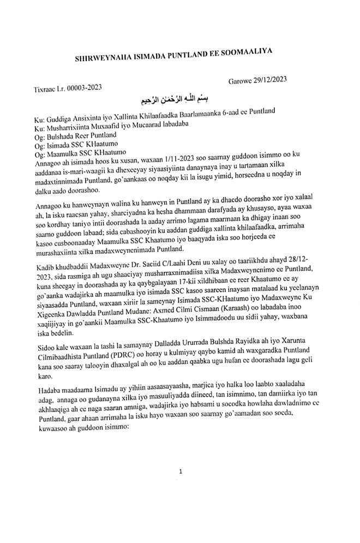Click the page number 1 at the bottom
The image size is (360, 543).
coord(180,470)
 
